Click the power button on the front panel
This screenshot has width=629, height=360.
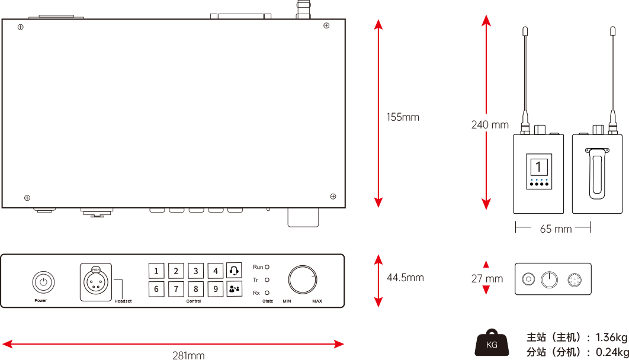[x=43, y=282]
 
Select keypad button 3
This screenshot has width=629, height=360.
[x=195, y=271]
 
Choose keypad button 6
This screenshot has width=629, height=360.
[x=156, y=290]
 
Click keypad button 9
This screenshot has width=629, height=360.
[x=216, y=290]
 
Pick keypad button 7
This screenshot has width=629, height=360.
[x=176, y=290]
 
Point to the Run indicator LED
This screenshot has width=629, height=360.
[x=267, y=268]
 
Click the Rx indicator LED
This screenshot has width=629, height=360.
[x=267, y=292]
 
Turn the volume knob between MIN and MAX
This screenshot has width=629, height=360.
[x=302, y=279]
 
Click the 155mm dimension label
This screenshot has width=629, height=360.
[x=403, y=117]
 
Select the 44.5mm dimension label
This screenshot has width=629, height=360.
[x=405, y=277]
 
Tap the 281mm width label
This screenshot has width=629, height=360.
[x=188, y=355]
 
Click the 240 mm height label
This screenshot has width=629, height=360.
[x=489, y=125]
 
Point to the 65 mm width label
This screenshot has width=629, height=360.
[x=556, y=229]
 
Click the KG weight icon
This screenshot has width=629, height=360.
[x=492, y=343]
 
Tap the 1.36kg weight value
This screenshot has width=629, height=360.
[x=610, y=337]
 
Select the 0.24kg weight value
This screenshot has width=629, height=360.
[x=610, y=352]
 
